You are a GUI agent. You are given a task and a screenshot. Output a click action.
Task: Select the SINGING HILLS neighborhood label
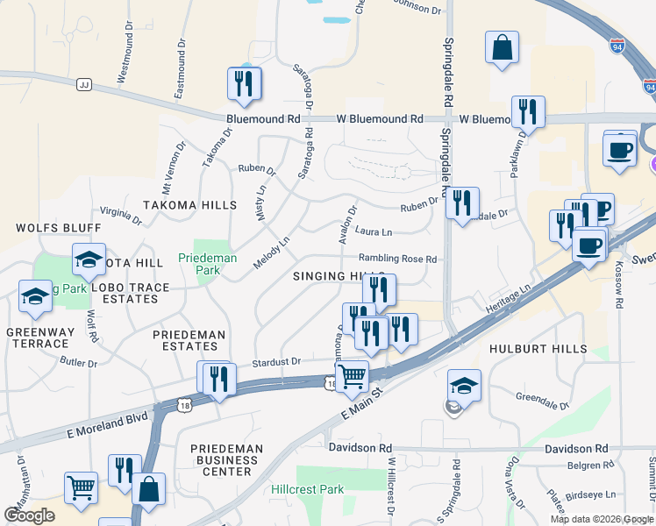[338, 276]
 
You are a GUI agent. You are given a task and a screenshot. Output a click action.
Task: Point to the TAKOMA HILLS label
[190, 205]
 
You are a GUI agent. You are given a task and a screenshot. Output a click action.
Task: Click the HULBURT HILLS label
[538, 349]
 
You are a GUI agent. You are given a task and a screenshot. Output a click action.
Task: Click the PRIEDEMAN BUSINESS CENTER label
[226, 459]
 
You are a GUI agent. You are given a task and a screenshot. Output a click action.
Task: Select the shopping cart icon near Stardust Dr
[352, 376]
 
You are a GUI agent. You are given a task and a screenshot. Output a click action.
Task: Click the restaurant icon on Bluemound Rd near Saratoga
[242, 83]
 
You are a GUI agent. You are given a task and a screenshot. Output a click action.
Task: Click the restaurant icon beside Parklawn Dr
[528, 111]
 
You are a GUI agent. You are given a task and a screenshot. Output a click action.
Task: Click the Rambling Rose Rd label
[397, 259]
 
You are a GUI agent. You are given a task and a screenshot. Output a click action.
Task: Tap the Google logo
[29, 515]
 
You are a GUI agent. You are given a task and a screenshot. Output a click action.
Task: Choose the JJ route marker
[84, 84]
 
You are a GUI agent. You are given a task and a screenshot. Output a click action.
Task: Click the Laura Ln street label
[374, 232]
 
